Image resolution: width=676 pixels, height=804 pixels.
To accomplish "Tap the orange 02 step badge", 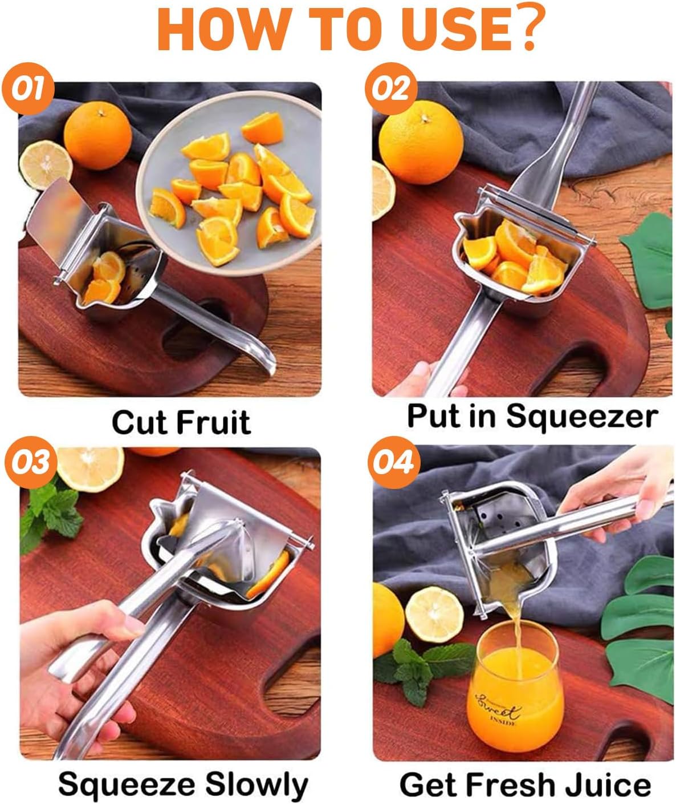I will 391,90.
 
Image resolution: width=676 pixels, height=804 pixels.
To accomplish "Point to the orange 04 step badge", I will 393,463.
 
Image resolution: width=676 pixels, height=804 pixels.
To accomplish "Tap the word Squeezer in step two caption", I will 581,416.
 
